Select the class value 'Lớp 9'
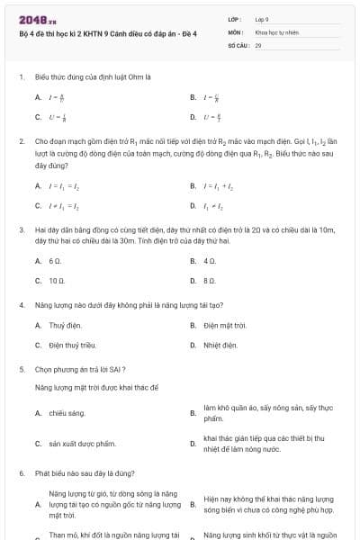pyautogui.click(x=262, y=19)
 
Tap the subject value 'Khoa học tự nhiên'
pyautogui.click(x=275, y=31)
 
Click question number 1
pyautogui.click(x=21, y=77)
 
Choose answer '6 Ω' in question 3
pyautogui.click(x=54, y=261)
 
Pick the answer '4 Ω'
pyautogui.click(x=210, y=261)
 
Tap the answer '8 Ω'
pyautogui.click(x=210, y=281)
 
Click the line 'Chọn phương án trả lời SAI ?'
pyautogui.click(x=80, y=369)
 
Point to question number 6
pyautogui.click(x=21, y=472)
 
